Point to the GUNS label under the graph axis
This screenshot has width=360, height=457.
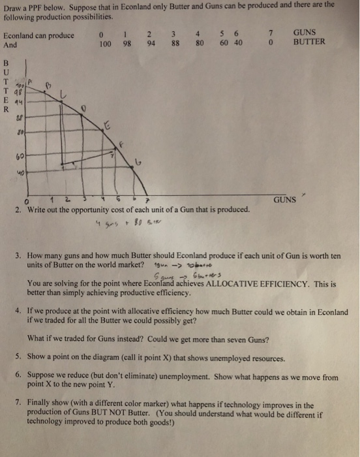point(286,198)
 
